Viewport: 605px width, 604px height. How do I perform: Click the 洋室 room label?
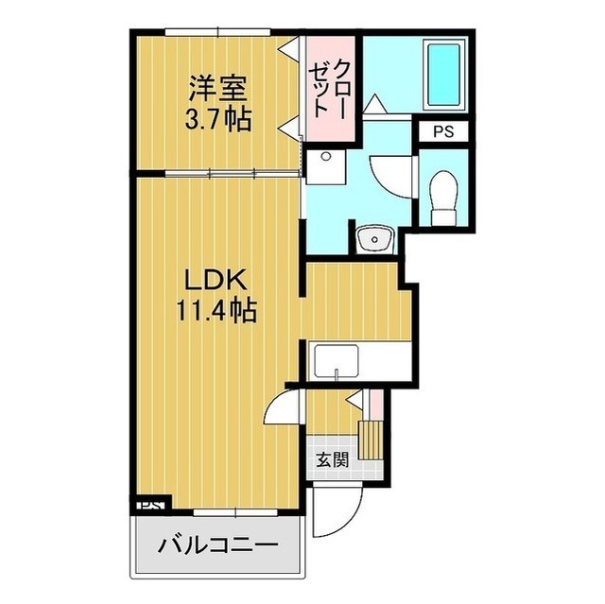[217, 91]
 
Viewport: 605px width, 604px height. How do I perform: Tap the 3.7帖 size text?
[217, 121]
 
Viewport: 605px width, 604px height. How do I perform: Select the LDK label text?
[215, 281]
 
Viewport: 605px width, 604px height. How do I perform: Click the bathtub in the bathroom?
[441, 75]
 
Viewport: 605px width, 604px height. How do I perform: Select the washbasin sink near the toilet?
[375, 237]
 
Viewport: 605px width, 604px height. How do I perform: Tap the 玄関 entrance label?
[331, 461]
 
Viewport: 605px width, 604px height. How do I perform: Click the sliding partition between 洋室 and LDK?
[217, 174]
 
